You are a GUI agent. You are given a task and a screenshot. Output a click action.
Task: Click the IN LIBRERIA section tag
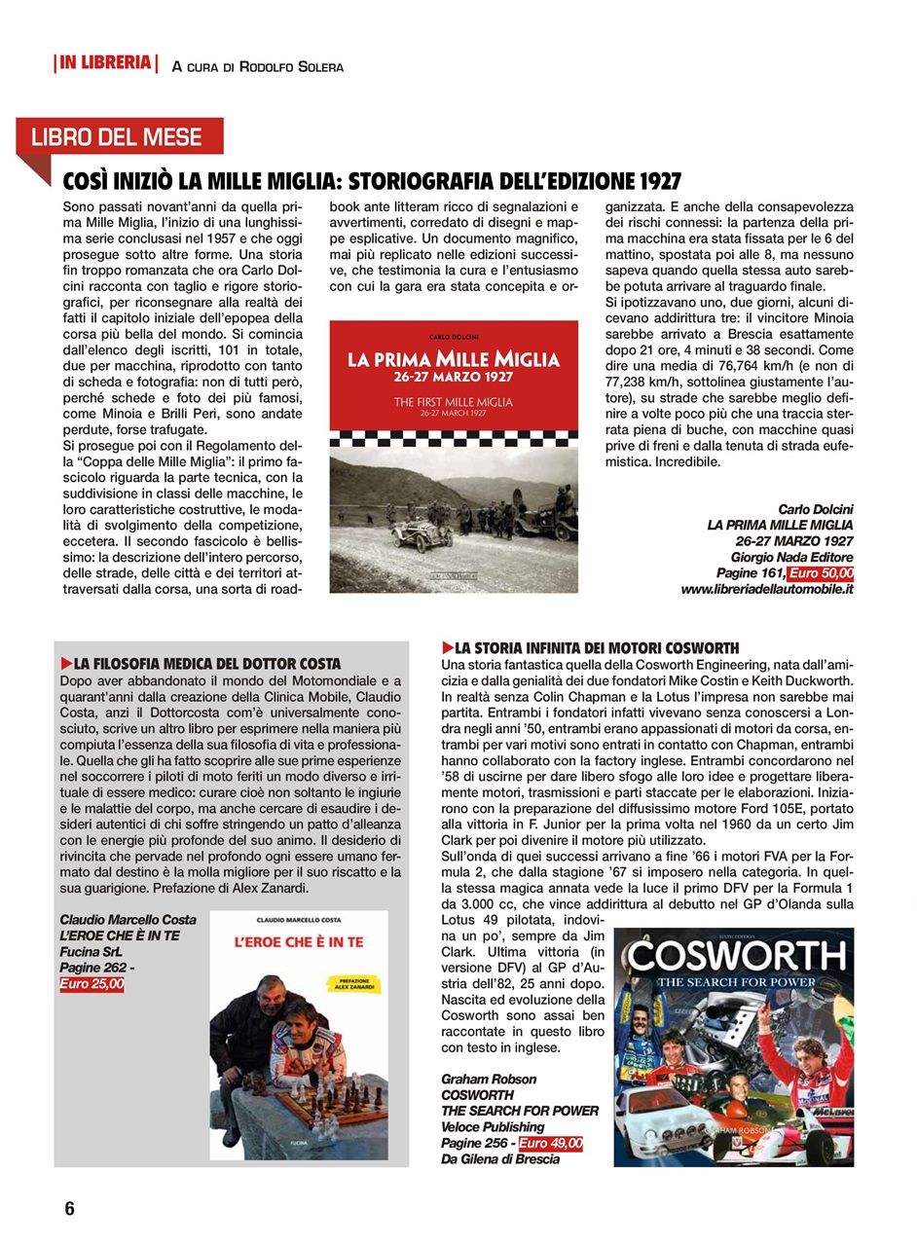point(106,64)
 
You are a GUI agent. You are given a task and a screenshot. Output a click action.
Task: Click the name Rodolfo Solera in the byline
point(291,67)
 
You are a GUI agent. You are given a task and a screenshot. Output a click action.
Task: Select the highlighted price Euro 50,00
point(821,573)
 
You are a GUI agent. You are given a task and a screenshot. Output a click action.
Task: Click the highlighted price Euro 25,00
point(92,984)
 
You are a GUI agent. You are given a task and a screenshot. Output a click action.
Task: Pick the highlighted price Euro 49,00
point(550,1143)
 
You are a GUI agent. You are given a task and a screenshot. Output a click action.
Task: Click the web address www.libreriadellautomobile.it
point(767,590)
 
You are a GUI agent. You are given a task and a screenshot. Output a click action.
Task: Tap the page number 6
point(69,1209)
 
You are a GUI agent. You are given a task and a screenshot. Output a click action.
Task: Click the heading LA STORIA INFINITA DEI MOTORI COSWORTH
point(596,647)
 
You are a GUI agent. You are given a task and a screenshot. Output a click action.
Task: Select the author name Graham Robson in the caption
point(489,1079)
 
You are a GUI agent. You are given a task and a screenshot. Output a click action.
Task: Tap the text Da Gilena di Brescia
point(500,1158)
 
